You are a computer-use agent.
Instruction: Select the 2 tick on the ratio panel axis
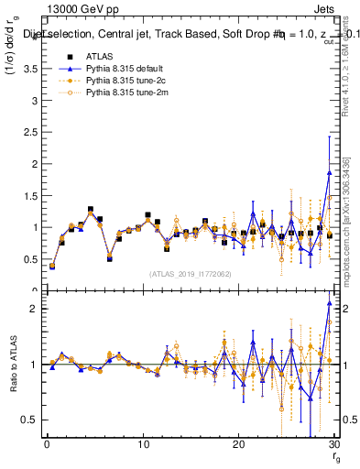click(x=36, y=310)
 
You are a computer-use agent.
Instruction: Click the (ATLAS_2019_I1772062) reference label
click(x=190, y=273)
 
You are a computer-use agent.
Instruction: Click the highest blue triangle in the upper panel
click(x=329, y=172)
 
